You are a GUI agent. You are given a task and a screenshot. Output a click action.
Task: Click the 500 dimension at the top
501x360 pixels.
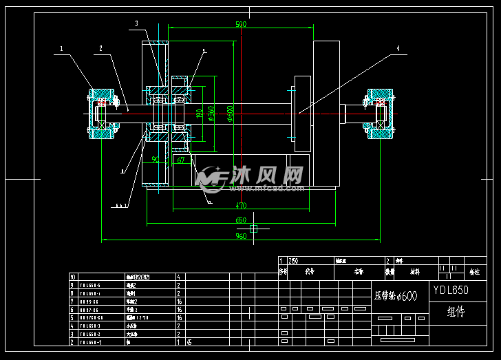[241, 24]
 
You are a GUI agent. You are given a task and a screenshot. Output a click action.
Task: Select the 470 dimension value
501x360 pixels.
[241, 205]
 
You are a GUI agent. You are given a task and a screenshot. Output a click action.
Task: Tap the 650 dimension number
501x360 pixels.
[241, 220]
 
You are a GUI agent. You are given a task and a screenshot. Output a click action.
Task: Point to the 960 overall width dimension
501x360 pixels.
[242, 236]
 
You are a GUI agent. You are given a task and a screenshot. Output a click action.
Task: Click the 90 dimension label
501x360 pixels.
[155, 160]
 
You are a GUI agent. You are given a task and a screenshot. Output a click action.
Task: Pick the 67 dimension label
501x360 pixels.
[181, 160]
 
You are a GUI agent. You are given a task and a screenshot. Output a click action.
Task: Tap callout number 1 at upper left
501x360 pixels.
[61, 49]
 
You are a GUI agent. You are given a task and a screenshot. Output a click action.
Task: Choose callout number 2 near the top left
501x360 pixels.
[100, 49]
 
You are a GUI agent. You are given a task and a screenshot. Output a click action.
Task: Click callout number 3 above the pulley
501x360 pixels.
[136, 23]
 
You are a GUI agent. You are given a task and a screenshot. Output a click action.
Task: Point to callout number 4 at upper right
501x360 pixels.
[397, 48]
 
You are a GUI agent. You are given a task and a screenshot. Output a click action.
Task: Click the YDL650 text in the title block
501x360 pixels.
[451, 290]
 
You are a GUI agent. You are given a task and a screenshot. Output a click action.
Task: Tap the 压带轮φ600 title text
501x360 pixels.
[396, 296]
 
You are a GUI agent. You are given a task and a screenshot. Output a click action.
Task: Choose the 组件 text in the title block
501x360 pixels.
[456, 312]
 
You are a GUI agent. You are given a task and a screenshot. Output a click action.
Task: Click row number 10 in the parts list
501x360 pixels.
[73, 277]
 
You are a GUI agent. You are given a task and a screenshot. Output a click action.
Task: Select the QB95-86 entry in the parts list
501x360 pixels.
[89, 301]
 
